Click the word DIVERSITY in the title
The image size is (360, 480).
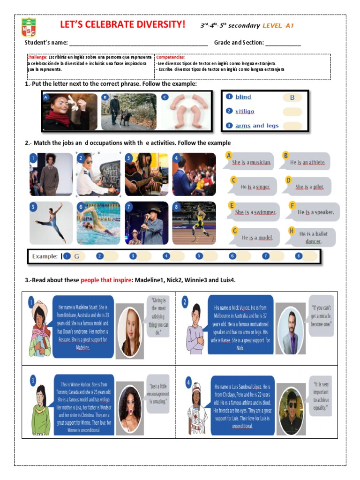(x=156, y=24)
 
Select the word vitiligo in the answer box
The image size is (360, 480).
(x=245, y=112)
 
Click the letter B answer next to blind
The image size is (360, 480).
(x=292, y=97)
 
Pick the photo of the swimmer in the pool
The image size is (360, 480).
(x=98, y=223)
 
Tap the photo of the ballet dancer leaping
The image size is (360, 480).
(x=51, y=223)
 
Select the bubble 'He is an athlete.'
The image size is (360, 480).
(x=307, y=162)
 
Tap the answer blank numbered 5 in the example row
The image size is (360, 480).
(x=207, y=256)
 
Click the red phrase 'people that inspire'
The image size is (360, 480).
(x=106, y=280)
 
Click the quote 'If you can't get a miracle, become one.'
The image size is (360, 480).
(x=321, y=316)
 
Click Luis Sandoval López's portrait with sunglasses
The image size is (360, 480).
(x=292, y=403)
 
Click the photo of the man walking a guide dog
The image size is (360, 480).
(x=129, y=111)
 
